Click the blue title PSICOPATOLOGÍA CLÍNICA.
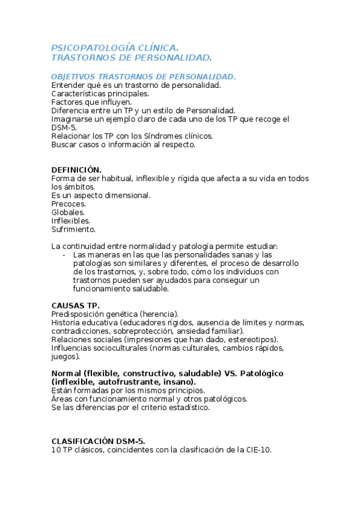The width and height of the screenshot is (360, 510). (114, 48)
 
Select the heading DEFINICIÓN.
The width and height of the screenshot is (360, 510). (76, 170)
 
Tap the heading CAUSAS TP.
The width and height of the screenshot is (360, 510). (76, 306)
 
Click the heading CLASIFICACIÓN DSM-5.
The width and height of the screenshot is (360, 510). (98, 441)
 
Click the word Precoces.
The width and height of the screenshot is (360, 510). (69, 204)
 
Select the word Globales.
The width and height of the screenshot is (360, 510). (68, 212)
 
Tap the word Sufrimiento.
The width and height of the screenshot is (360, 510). (73, 229)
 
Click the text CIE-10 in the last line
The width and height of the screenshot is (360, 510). (258, 449)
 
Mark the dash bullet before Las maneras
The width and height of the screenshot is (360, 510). (64, 255)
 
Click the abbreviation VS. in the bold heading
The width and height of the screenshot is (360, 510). (231, 373)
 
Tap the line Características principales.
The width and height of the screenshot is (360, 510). (100, 94)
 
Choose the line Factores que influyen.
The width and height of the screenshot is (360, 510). (91, 102)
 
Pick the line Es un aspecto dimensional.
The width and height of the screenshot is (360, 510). (101, 195)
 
